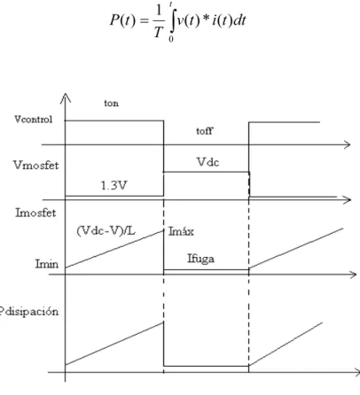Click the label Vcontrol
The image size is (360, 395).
coord(34,120)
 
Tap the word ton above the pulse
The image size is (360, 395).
coord(111,104)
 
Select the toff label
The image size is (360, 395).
coord(204,131)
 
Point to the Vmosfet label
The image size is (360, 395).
coord(36,165)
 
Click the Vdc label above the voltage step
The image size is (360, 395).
coord(207,162)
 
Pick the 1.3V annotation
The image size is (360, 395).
coord(114,185)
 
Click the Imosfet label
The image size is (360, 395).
coord(35,213)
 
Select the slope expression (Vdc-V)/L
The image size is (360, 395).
coord(106,230)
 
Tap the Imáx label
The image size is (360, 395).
coord(181,231)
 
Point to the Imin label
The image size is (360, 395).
coord(47,263)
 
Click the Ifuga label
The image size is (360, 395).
coord(200,259)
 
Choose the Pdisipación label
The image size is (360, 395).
coord(29,312)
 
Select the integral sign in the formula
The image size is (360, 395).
coord(173,21)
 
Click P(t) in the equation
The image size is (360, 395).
coord(123,20)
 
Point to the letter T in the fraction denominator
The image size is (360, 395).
coord(159,32)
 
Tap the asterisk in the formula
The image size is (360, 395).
coord(206,19)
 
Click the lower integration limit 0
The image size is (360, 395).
coord(171,39)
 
